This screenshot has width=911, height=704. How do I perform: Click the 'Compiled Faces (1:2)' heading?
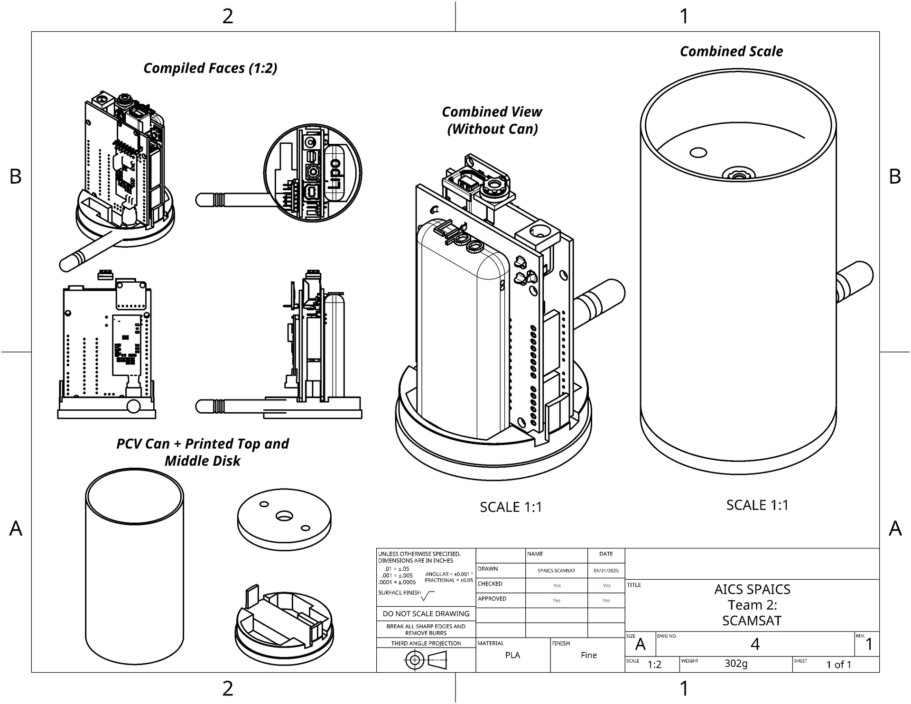210,68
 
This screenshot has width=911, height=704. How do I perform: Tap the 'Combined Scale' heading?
731,51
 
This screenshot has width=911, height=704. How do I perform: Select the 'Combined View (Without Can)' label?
492,120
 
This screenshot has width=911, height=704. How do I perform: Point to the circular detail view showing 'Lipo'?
313,173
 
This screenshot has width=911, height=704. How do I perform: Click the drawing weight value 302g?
736,663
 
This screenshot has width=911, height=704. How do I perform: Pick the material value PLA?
512,655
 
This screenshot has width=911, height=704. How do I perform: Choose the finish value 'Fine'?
589,655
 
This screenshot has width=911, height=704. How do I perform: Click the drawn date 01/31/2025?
606,571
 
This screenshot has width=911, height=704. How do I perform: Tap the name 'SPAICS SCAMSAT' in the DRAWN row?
556,571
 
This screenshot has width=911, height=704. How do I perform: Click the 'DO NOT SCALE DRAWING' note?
426,614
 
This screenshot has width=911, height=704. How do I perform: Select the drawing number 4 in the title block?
755,644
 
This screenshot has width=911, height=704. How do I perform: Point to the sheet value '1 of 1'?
839,665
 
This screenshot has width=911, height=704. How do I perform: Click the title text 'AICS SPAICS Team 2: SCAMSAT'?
752,605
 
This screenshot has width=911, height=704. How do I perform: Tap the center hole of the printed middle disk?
284,516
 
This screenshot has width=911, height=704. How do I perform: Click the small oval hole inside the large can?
698,153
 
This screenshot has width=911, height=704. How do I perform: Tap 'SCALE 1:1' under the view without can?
511,507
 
